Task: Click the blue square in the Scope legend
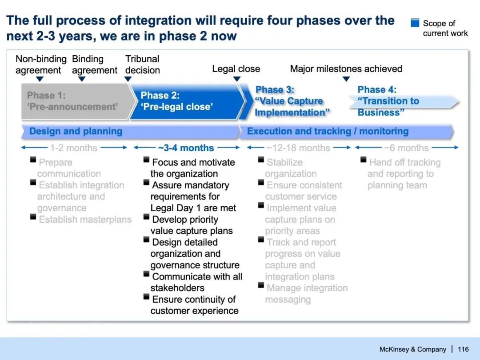click(x=415, y=23)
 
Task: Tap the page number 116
click(x=463, y=349)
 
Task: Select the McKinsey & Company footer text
click(x=413, y=349)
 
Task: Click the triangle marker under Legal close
click(x=237, y=79)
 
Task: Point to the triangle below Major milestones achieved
click(x=346, y=79)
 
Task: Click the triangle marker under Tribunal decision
click(x=128, y=79)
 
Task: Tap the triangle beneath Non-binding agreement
click(x=40, y=79)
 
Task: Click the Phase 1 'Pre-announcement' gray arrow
click(x=76, y=101)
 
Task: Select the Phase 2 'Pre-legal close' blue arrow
click(x=187, y=101)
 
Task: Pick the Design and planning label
click(x=76, y=131)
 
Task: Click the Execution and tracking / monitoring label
click(x=328, y=131)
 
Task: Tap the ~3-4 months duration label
click(x=186, y=148)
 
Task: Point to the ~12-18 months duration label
click(x=298, y=148)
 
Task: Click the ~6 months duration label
click(x=406, y=148)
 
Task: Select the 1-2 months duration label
click(x=74, y=148)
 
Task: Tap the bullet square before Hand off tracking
click(x=363, y=160)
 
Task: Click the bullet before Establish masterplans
click(x=33, y=217)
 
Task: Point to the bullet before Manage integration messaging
click(x=261, y=285)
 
